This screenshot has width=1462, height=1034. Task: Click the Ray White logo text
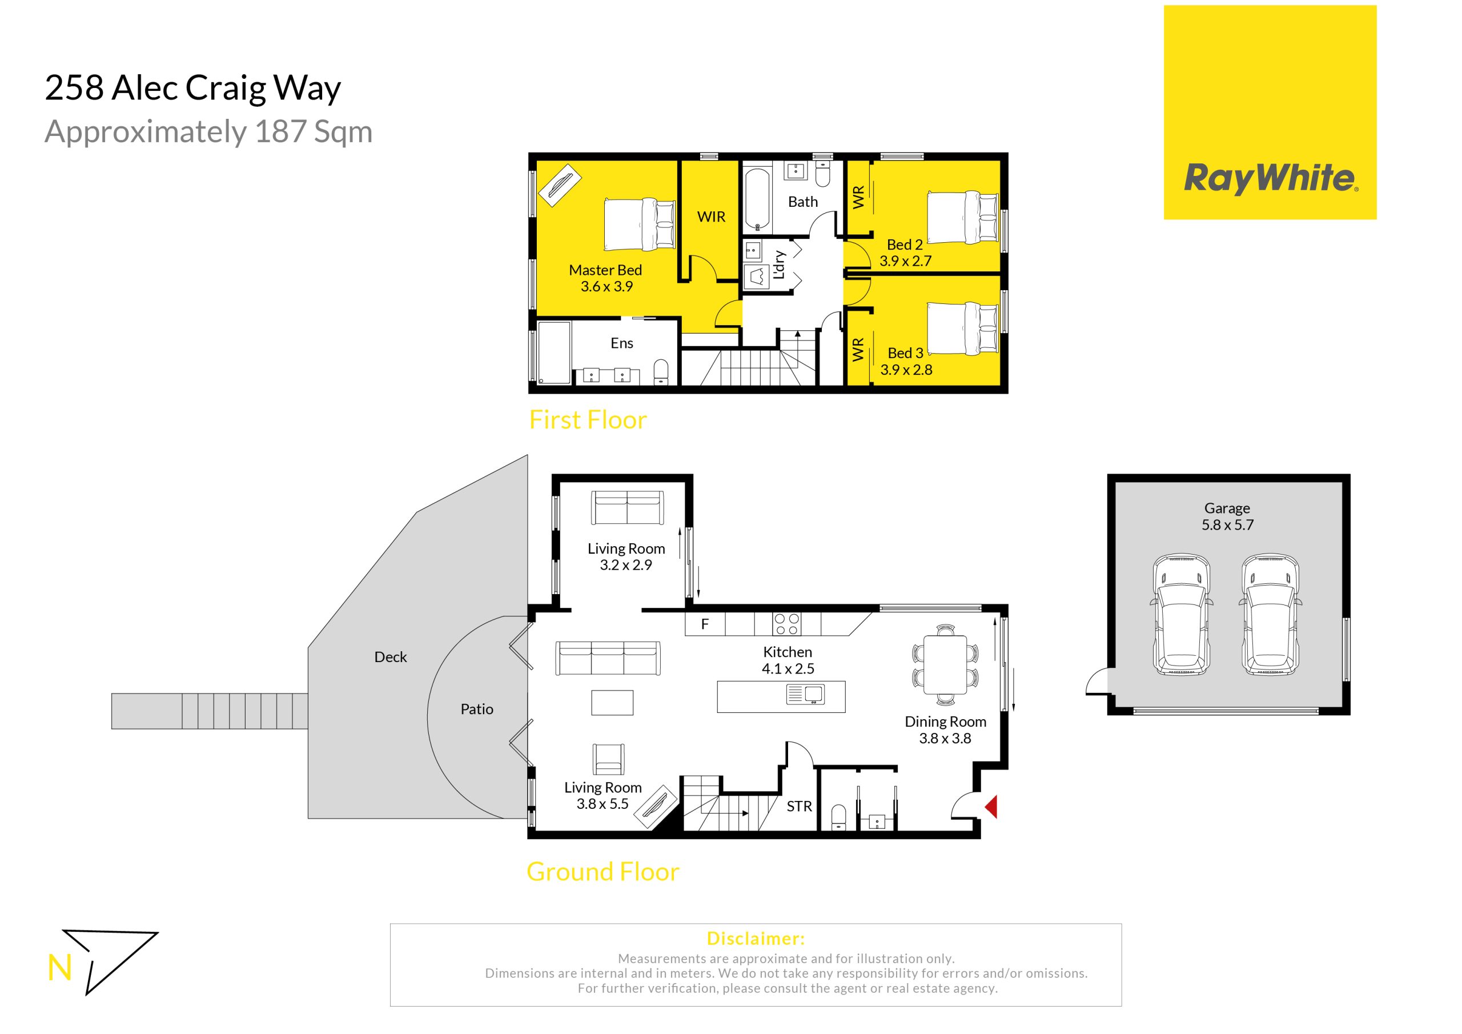click(x=1270, y=178)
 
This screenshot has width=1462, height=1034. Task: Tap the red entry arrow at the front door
click(x=991, y=807)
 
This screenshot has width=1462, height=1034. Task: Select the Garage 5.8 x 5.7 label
click(x=1227, y=516)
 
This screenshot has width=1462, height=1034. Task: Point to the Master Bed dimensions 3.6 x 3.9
click(x=606, y=287)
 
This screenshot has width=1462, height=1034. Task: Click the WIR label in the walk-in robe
click(x=711, y=217)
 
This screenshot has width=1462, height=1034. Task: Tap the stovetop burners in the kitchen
click(x=787, y=624)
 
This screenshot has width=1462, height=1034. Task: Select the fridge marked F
click(x=705, y=624)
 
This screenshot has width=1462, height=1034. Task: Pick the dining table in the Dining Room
click(x=945, y=664)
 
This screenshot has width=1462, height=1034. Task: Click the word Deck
click(x=390, y=657)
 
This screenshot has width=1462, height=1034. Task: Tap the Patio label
click(x=477, y=709)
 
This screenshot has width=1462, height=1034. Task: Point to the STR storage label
click(x=799, y=807)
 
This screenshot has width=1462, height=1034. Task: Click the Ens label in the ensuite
click(x=621, y=343)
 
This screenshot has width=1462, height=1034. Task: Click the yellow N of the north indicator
click(x=59, y=968)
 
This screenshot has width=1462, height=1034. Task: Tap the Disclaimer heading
click(x=756, y=939)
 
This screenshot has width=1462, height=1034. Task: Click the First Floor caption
click(x=588, y=420)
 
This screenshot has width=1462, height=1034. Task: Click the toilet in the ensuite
click(x=661, y=371)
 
